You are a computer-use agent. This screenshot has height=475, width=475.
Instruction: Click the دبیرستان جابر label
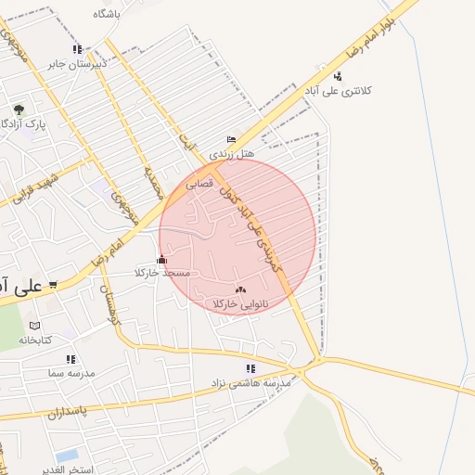(x=79, y=64)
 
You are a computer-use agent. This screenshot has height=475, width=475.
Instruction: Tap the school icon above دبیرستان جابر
(x=77, y=50)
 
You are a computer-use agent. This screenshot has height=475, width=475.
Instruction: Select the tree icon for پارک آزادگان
(x=19, y=109)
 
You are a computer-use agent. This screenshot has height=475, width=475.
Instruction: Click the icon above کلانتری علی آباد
(x=338, y=76)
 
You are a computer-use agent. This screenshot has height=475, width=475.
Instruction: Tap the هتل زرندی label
(x=231, y=153)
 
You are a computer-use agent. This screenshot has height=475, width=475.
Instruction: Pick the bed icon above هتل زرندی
(x=231, y=139)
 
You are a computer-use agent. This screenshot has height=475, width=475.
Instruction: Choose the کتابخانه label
(x=35, y=340)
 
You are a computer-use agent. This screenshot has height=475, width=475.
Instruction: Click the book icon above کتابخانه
(x=35, y=326)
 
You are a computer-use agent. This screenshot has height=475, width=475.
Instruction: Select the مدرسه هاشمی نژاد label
(x=252, y=382)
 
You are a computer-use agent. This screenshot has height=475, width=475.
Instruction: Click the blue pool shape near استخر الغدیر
(x=67, y=456)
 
